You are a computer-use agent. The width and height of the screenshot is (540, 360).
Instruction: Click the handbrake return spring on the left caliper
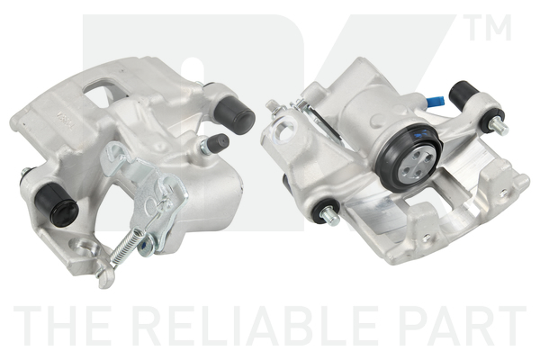click(x=128, y=247)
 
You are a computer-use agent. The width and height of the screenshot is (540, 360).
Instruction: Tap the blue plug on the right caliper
click(x=435, y=102)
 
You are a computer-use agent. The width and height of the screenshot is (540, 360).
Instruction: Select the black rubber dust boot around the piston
click(x=409, y=157)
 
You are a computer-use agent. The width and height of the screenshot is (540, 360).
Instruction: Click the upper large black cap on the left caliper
click(x=234, y=112)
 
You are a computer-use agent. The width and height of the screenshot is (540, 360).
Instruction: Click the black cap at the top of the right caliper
click(x=463, y=93)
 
